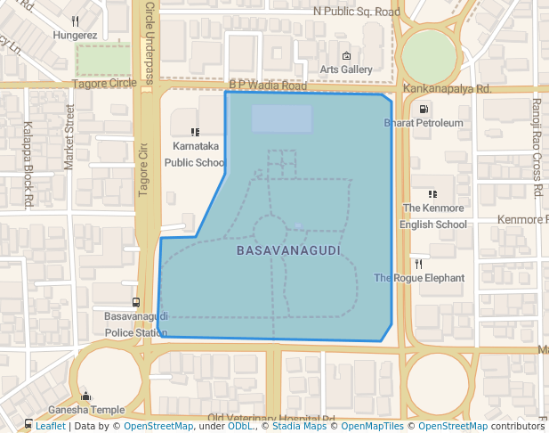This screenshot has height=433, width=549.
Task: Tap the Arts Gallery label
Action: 346,69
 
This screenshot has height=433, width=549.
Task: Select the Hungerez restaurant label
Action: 75,36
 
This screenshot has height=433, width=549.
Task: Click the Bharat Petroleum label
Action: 424,122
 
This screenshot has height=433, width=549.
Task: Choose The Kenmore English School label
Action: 433,216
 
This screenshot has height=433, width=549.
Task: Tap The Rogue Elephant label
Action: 419,278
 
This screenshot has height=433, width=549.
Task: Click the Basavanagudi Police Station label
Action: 136,325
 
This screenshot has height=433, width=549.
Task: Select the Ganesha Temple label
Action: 86,410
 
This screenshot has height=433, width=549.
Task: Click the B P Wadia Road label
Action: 268,86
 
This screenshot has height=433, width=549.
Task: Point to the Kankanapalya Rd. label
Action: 447,89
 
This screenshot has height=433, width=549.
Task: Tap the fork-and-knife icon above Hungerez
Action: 76,20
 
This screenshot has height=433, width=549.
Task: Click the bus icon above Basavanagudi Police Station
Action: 135,302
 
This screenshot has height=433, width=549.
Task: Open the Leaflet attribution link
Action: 50,426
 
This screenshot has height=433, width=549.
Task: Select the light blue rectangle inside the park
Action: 281,118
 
